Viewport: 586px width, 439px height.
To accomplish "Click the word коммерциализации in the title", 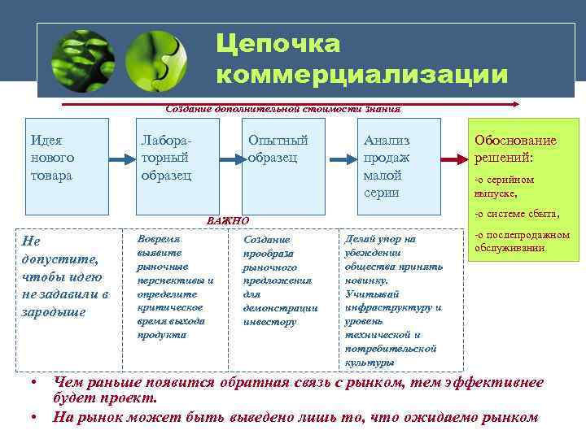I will pos(362,75).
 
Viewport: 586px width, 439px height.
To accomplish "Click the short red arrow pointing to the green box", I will pos(453,159).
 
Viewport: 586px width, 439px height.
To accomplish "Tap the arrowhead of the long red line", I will pos(514,104).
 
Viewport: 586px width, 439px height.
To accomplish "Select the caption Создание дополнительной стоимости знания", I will pos(282,108).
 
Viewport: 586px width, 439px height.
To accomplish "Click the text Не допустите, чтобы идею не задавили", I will pos(66,276).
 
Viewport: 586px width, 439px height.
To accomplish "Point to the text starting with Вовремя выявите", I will pos(175,287).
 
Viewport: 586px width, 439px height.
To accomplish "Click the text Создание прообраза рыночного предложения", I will pos(280,280).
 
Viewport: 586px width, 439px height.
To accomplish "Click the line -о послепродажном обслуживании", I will pos(521,241).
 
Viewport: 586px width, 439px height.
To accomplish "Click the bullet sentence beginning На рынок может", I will pos(295,418).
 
